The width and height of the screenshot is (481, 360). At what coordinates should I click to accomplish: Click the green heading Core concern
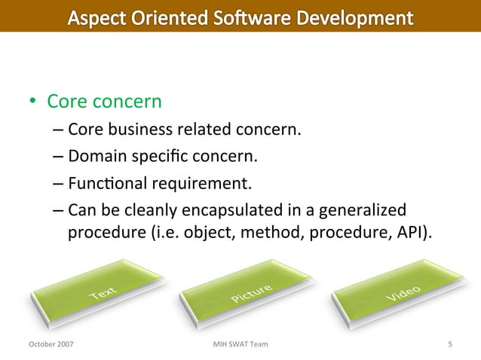(105, 101)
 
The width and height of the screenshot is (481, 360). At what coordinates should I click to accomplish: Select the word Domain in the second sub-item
(94, 157)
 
